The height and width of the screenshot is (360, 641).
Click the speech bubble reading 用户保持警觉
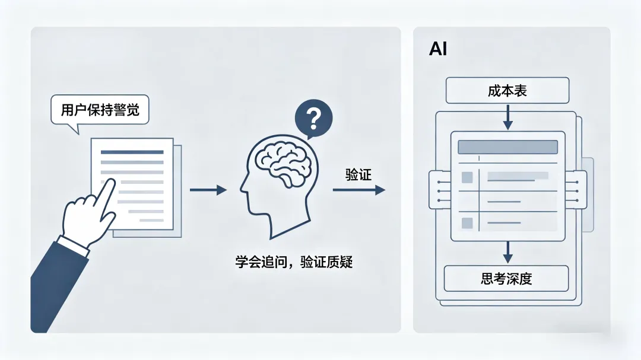tap(100, 110)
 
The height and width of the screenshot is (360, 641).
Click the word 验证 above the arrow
tap(358, 175)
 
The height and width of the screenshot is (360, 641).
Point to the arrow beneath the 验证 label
tap(358, 190)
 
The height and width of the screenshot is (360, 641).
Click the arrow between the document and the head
tap(208, 190)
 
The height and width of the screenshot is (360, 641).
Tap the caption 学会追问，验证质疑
tap(294, 262)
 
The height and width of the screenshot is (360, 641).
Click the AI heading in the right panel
tap(438, 49)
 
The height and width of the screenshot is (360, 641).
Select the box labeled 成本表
tap(507, 91)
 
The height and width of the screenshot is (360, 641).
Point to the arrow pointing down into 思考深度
tap(507, 252)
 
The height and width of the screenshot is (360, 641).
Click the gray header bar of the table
tap(507, 147)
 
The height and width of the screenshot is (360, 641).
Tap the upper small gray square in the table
tap(467, 177)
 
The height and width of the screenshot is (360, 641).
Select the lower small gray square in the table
tap(467, 223)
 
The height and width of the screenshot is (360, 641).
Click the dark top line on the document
tap(132, 152)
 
